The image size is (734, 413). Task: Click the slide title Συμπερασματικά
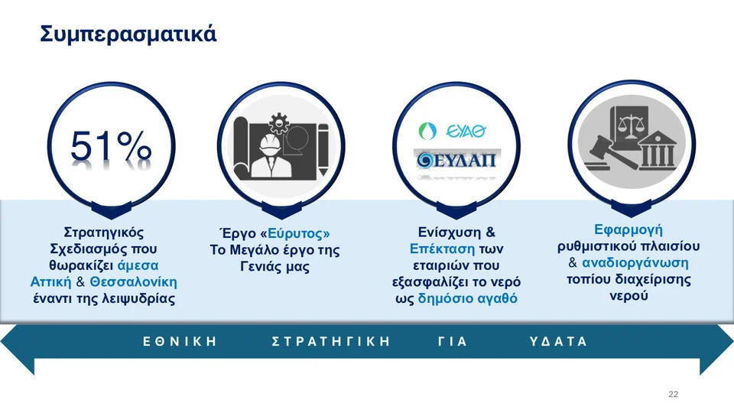(x=128, y=34)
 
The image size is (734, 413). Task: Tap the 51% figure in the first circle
(x=111, y=146)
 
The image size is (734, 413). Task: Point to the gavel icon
(x=609, y=154)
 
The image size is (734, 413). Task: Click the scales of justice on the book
(x=631, y=125)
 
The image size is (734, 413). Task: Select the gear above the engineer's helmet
(x=279, y=123)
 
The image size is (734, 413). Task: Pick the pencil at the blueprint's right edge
(x=323, y=149)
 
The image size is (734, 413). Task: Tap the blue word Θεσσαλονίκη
(x=133, y=282)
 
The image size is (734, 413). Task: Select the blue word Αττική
(x=51, y=282)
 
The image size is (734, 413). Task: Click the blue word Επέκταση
(x=443, y=249)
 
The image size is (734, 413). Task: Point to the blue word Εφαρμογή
(x=628, y=229)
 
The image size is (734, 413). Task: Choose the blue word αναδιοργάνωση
(x=635, y=262)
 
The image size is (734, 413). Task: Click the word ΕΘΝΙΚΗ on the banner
(x=180, y=341)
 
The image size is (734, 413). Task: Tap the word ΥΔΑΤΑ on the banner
(x=558, y=341)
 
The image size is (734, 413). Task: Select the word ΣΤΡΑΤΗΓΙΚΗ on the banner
(x=330, y=341)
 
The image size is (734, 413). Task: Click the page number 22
(x=673, y=395)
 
